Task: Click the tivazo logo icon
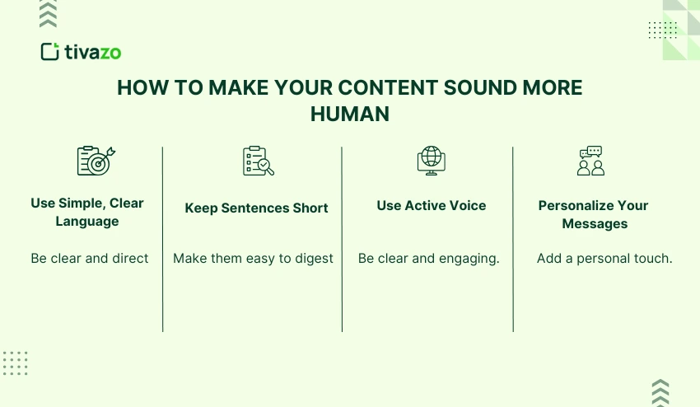tap(51, 52)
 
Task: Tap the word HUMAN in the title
tap(349, 115)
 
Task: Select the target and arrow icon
tap(96, 160)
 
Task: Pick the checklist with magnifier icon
tap(258, 161)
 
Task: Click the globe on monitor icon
tap(431, 160)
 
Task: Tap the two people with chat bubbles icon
tap(590, 161)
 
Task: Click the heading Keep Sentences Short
tap(256, 208)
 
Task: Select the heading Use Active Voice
tap(432, 206)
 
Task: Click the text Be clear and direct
tap(90, 259)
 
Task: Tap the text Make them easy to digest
tap(253, 259)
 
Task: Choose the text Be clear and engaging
tap(429, 259)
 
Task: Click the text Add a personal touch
tap(604, 259)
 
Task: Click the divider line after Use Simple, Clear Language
tap(162, 239)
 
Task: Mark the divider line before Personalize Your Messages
tap(513, 239)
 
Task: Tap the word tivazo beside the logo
tap(93, 53)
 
